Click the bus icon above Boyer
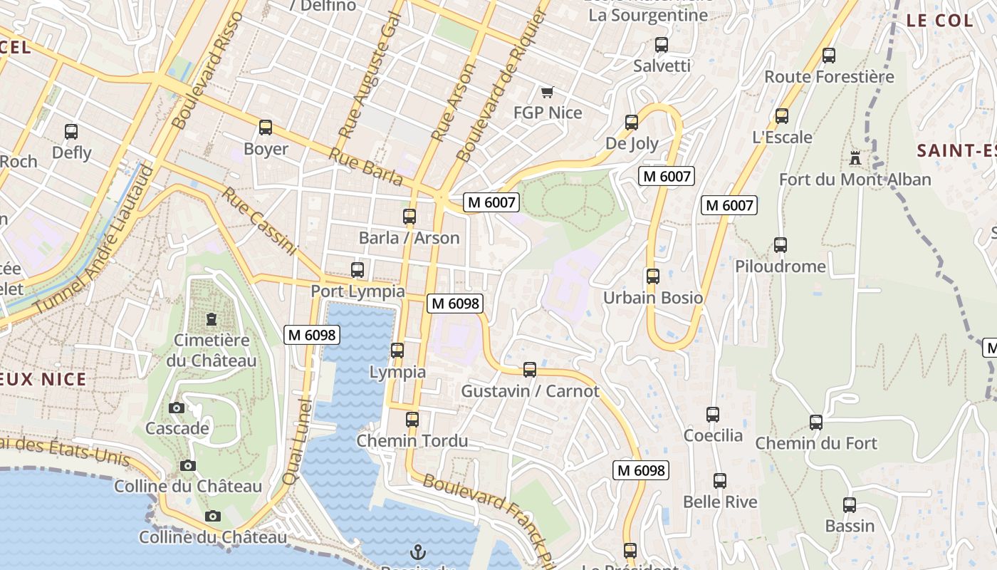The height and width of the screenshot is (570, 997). tap(266, 128)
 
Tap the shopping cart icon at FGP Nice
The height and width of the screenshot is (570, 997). tap(547, 92)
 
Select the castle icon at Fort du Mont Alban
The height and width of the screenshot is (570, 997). tap(855, 157)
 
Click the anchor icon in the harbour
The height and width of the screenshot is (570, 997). tap(419, 551)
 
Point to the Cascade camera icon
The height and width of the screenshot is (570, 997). tap(177, 408)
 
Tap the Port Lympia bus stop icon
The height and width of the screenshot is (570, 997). tap(357, 270)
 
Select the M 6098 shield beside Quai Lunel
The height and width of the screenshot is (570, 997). tap(310, 334)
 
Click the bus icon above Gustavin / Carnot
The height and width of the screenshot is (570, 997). tap(530, 370)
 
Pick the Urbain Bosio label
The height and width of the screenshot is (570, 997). tap(653, 298)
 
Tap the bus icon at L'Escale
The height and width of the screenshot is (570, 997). tap(782, 116)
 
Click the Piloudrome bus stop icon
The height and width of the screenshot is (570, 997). tap(781, 245)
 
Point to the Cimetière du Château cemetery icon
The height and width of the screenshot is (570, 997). tap(211, 319)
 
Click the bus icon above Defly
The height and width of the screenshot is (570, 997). tap(71, 131)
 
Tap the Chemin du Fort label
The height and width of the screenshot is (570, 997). tap(816, 443)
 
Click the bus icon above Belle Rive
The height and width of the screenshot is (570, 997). tap(720, 481)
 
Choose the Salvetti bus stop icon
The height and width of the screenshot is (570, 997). tap(662, 45)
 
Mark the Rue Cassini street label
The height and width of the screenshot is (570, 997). tap(258, 221)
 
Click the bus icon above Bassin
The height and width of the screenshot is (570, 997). tap(850, 505)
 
